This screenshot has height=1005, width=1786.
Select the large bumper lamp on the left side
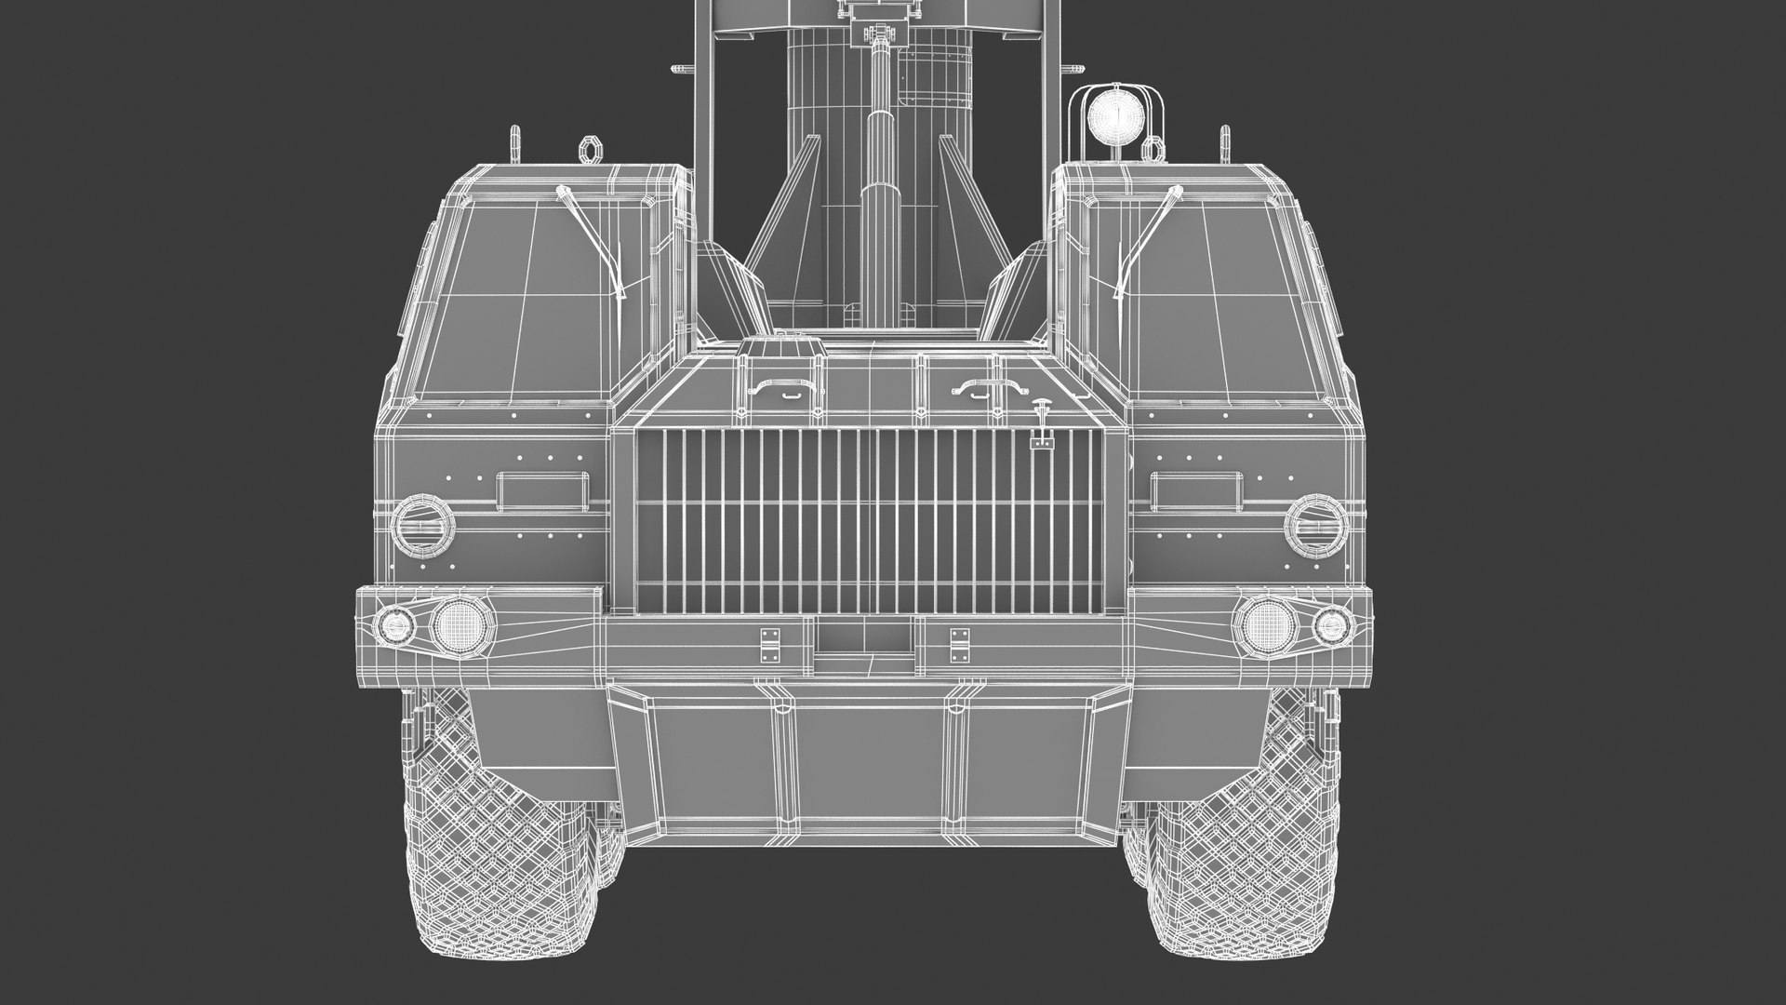coord(455,623)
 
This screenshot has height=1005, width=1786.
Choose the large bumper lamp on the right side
coord(1264,623)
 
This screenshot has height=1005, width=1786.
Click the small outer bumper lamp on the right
coord(1333,625)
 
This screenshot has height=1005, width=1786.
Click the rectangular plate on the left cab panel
coord(542,490)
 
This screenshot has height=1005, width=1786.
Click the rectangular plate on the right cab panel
coord(1196,490)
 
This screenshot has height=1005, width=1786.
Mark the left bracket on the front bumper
coord(771,645)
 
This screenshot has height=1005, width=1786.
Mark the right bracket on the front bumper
coord(959,645)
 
